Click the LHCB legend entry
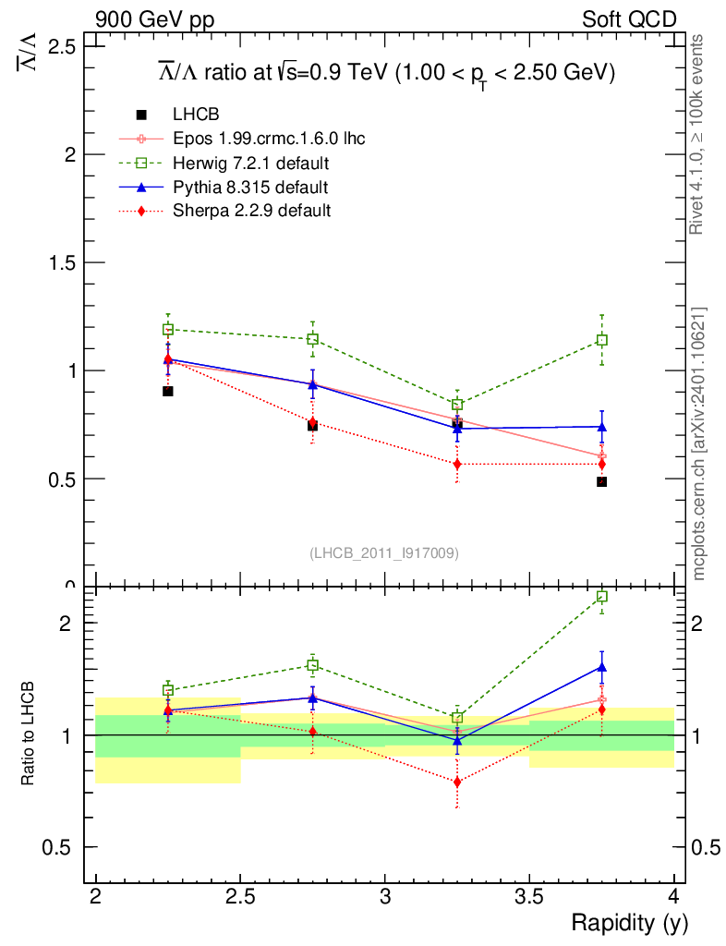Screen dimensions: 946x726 click(196, 115)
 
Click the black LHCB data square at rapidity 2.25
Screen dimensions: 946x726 click(168, 391)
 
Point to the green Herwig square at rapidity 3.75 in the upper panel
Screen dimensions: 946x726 click(602, 340)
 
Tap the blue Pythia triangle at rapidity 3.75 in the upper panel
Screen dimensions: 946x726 click(602, 427)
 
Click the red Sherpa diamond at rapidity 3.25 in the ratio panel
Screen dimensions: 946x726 click(457, 782)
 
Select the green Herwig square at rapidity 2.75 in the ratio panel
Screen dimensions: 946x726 click(313, 665)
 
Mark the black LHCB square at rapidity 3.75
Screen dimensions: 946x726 click(602, 481)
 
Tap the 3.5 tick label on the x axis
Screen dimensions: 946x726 click(528, 897)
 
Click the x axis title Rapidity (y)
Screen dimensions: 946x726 click(629, 923)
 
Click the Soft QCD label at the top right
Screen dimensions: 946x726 click(629, 19)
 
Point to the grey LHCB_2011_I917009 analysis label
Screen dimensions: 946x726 click(384, 552)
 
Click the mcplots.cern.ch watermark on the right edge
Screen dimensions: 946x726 click(700, 443)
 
